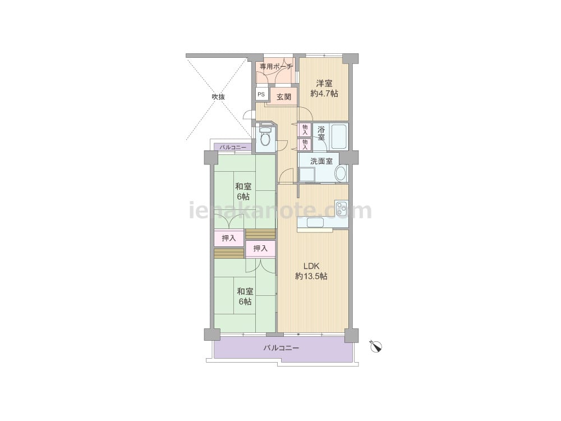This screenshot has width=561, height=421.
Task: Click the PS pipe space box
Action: click(261, 94)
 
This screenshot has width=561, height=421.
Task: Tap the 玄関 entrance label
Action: click(284, 97)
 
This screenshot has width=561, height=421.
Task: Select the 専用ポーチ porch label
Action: click(276, 67)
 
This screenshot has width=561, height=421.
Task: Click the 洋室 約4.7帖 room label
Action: click(324, 89)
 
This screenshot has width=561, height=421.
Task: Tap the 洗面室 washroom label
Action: click(321, 161)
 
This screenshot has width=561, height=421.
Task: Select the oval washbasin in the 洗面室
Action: click(341, 173)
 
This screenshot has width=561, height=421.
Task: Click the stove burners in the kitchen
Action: click(341, 208)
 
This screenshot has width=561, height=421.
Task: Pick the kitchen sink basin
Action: click(315, 222)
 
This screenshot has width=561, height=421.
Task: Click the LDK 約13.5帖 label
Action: click(311, 271)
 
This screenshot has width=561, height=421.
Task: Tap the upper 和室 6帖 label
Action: click(243, 191)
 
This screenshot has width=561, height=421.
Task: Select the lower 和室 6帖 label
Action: click(245, 296)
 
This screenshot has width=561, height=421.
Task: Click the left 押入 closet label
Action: click(229, 238)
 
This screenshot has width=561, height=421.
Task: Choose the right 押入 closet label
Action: click(260, 248)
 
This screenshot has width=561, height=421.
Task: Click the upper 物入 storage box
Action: click(305, 129)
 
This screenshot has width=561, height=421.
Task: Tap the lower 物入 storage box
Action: click(305, 144)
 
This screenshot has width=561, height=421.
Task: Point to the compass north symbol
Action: click(376, 346)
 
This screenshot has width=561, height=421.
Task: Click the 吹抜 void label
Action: click(218, 97)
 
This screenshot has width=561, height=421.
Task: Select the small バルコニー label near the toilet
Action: click(233, 147)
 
